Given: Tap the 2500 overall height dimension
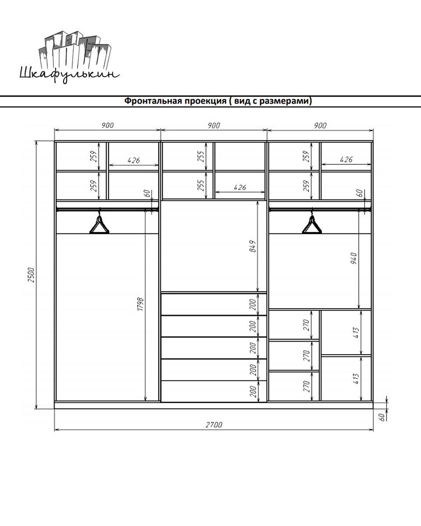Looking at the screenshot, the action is click(32, 275).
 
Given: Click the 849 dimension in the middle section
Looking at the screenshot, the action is click(253, 246).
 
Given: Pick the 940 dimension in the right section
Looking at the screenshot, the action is click(354, 258).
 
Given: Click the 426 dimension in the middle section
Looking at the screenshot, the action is click(240, 187).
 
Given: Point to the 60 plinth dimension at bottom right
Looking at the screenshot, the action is click(383, 416).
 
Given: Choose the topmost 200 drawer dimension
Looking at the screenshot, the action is click(253, 304).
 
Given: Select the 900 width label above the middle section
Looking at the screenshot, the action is click(214, 125).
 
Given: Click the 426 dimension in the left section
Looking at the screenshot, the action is click(134, 160).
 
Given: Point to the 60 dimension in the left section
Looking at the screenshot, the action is click(148, 193).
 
